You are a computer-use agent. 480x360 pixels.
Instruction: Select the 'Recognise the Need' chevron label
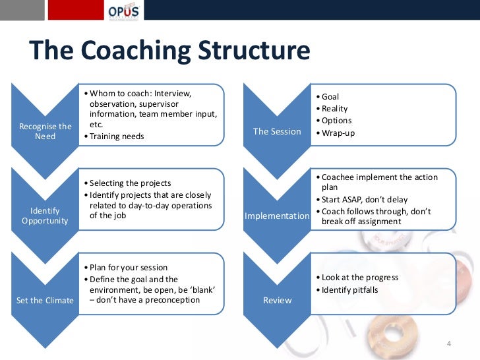pyautogui.click(x=45, y=131)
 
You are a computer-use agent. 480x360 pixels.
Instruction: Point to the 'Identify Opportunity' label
pyautogui.click(x=45, y=216)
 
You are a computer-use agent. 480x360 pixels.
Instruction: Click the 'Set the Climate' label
pyautogui.click(x=45, y=301)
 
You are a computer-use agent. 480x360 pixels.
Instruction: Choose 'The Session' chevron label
pyautogui.click(x=277, y=131)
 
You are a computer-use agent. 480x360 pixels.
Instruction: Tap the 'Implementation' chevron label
pyautogui.click(x=277, y=216)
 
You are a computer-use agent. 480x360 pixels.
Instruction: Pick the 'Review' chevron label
pyautogui.click(x=277, y=301)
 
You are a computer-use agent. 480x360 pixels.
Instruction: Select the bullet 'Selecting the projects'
pyautogui.click(x=130, y=183)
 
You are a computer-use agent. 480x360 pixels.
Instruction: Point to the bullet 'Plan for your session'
pyautogui.click(x=129, y=268)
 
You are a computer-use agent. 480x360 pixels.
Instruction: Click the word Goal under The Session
pyautogui.click(x=330, y=97)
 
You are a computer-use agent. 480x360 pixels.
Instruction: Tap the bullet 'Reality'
pyautogui.click(x=334, y=109)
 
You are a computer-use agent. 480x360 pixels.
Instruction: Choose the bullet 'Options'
pyautogui.click(x=336, y=121)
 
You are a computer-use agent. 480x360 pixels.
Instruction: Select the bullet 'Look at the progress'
pyautogui.click(x=360, y=278)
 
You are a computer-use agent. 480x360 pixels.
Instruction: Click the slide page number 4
pyautogui.click(x=449, y=344)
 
